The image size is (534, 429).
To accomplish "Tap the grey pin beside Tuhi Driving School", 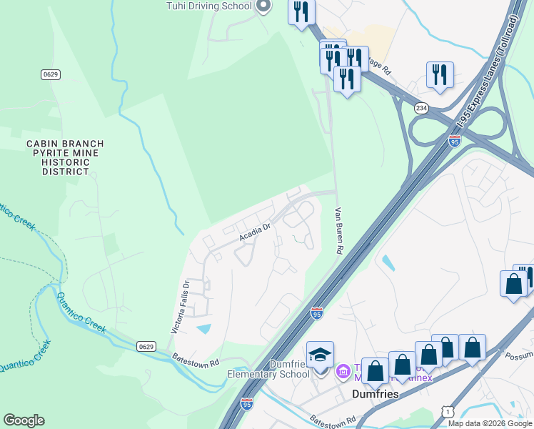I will [x=263, y=6].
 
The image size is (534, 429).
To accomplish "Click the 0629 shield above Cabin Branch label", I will [x=49, y=75].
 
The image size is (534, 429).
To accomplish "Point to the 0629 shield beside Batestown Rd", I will [x=145, y=346].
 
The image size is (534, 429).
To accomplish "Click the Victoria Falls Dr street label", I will [x=179, y=307].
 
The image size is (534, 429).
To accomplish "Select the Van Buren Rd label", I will [x=340, y=231].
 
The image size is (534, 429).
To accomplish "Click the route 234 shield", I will [x=421, y=107].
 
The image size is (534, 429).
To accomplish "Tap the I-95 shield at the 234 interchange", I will [x=455, y=141].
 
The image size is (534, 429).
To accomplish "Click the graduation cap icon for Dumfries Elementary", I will [x=319, y=354].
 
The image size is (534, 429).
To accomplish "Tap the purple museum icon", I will [x=342, y=370].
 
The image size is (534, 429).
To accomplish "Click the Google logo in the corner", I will [x=24, y=420].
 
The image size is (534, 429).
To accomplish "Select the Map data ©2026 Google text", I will [x=490, y=423].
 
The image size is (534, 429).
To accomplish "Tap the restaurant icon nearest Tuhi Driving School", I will [x=301, y=12].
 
